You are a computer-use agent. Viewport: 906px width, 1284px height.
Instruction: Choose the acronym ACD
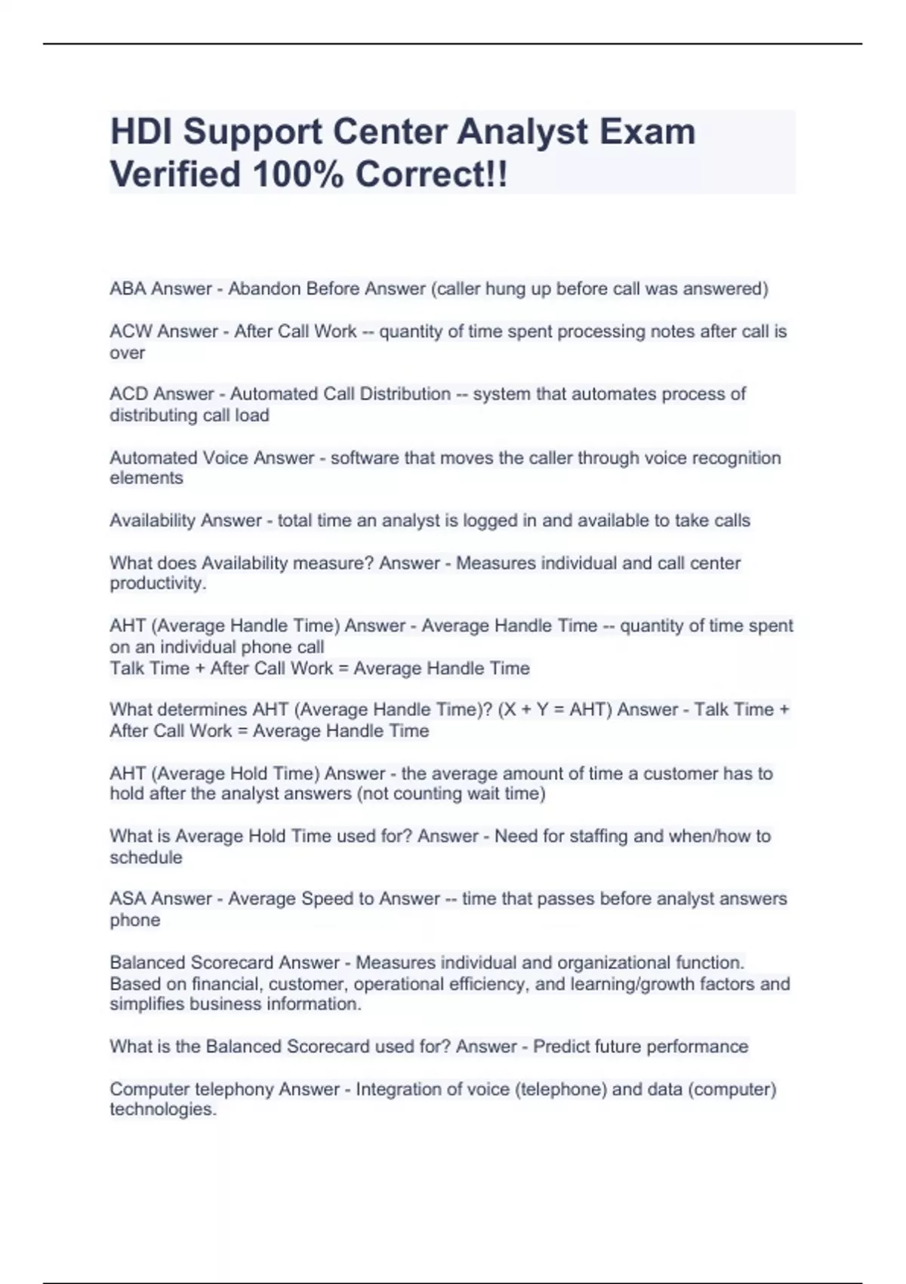(130, 394)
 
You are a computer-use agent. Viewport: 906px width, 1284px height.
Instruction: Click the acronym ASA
(128, 899)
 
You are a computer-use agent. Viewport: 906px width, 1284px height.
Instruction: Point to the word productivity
(158, 583)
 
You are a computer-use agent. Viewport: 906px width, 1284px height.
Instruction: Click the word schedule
(146, 857)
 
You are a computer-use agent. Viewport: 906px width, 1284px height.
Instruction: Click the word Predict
(561, 1047)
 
